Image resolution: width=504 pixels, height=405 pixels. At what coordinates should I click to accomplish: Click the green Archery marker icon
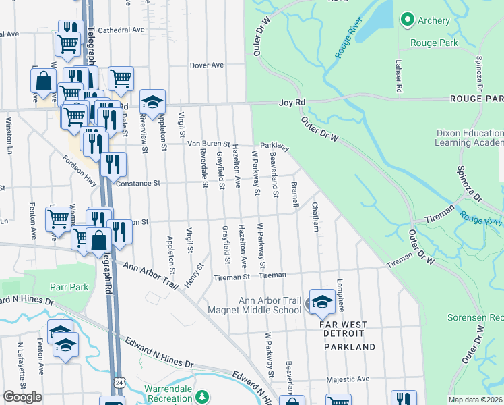click(x=407, y=20)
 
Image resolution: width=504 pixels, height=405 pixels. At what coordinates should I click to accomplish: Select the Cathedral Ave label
click(x=121, y=30)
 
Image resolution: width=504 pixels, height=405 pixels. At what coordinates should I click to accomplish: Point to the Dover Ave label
click(x=206, y=65)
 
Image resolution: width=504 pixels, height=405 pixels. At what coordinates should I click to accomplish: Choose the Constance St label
click(x=137, y=183)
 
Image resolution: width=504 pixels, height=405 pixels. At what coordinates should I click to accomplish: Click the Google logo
click(x=22, y=397)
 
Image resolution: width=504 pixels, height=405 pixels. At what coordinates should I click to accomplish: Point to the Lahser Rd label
click(x=399, y=75)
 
